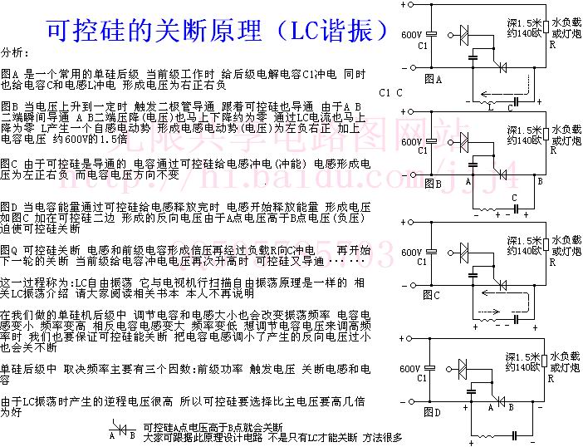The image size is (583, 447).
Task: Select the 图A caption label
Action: pyautogui.click(x=432, y=79)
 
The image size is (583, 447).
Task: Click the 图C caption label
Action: pyautogui.click(x=432, y=295)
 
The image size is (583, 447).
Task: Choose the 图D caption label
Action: pyautogui.click(x=432, y=411)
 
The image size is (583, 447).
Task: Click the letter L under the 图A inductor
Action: pyautogui.click(x=490, y=107)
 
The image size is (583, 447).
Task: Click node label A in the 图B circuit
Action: pyautogui.click(x=468, y=179)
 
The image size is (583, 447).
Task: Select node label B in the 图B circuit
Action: pyautogui.click(x=540, y=179)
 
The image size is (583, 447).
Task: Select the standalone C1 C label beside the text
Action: pyautogui.click(x=390, y=93)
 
